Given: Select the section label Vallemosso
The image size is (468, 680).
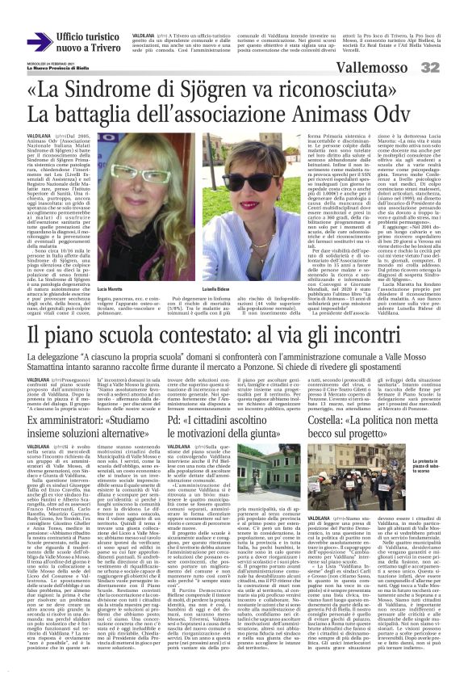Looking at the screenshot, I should [x=407, y=68].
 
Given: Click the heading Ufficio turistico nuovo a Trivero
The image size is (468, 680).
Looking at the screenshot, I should [x=85, y=41].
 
